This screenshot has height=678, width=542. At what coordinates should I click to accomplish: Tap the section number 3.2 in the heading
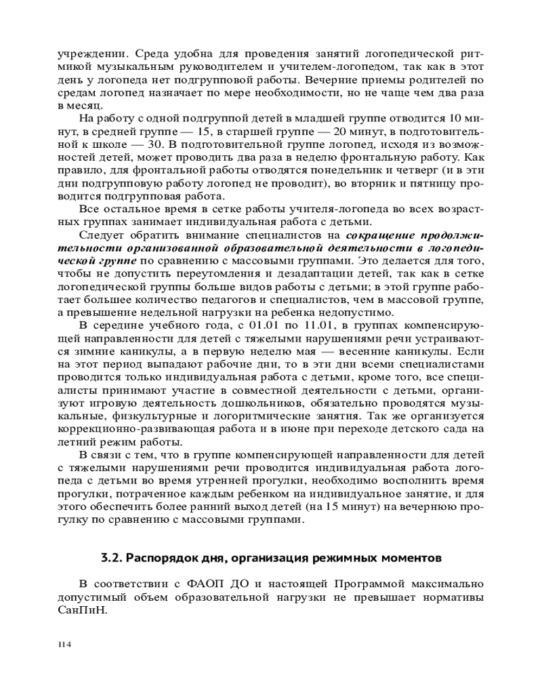pos(110,558)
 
